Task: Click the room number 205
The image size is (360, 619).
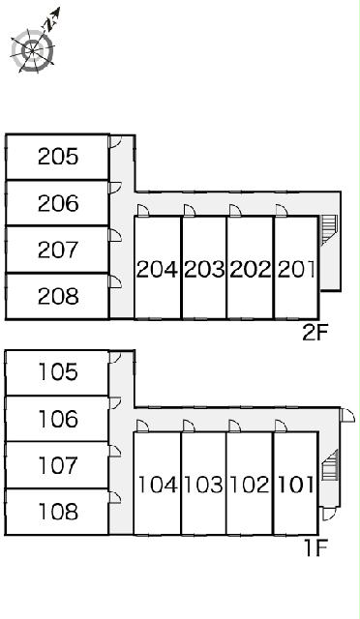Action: tap(58, 157)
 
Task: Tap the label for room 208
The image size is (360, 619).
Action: tap(58, 297)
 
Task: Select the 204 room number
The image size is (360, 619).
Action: tap(157, 270)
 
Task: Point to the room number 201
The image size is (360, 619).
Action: tap(297, 270)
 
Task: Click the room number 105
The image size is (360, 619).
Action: tap(58, 371)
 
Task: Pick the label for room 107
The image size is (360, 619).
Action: tap(58, 465)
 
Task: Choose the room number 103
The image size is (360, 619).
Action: tap(204, 485)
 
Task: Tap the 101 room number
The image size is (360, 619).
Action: tap(296, 485)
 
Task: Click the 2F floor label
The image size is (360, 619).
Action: tap(315, 334)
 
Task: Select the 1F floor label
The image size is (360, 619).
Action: tap(316, 548)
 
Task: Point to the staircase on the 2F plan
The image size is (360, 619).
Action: tap(328, 230)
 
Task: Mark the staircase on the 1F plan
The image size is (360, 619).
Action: tap(330, 465)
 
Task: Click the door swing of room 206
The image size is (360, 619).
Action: tap(115, 188)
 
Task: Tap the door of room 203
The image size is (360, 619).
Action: tap(190, 211)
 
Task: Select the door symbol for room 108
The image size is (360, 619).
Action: tap(114, 497)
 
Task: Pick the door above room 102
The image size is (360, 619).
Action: tap(234, 426)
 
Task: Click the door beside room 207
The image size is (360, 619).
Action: tap(115, 235)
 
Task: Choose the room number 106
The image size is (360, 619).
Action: tap(58, 419)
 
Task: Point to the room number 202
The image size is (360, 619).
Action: tap(251, 270)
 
